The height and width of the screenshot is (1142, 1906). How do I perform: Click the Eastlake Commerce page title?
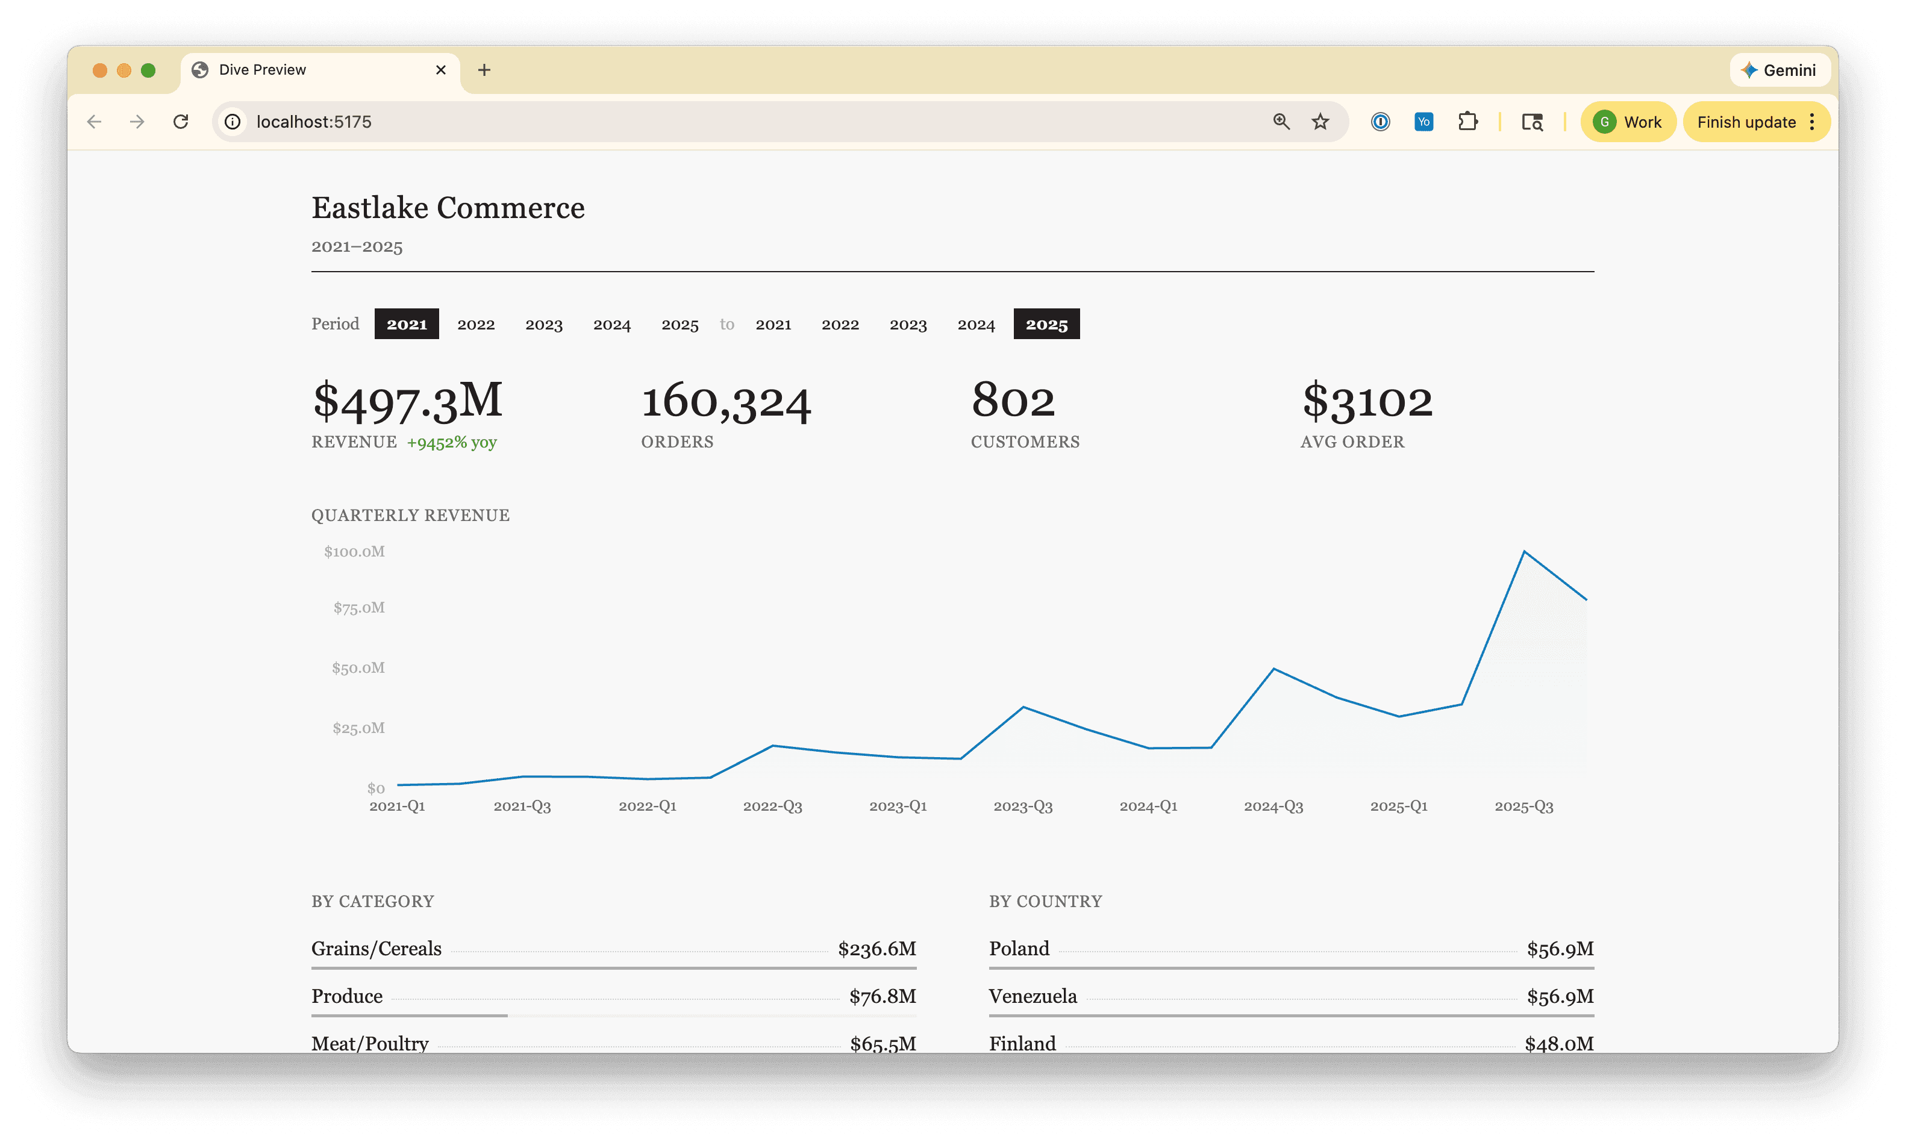[x=448, y=208]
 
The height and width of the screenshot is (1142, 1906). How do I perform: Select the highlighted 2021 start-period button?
[x=406, y=324]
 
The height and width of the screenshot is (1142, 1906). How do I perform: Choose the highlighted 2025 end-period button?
[x=1046, y=324]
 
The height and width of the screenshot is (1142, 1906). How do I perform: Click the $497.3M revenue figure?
[x=407, y=401]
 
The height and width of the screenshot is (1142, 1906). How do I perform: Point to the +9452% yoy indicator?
[x=452, y=443]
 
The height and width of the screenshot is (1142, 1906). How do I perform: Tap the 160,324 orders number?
[x=726, y=401]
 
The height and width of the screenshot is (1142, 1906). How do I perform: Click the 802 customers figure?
[x=1013, y=401]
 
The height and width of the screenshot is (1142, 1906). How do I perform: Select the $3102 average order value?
[x=1367, y=401]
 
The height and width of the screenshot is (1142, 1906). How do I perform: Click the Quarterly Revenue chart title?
[x=410, y=516]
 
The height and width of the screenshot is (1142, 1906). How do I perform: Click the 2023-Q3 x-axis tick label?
[x=1023, y=807]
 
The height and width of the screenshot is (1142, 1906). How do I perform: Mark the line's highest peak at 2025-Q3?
[x=1523, y=552]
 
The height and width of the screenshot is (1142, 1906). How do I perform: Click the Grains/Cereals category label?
[x=377, y=949]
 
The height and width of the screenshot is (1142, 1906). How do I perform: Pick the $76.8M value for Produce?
[x=883, y=997]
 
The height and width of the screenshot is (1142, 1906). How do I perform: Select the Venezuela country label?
[x=1033, y=997]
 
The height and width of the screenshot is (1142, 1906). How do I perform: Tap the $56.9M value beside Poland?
[x=1560, y=949]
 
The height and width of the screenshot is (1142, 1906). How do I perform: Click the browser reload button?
[x=181, y=122]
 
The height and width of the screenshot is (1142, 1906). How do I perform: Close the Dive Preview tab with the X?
[x=441, y=70]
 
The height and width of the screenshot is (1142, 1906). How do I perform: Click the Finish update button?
[x=1746, y=122]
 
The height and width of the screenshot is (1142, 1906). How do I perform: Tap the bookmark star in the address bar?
[x=1320, y=122]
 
